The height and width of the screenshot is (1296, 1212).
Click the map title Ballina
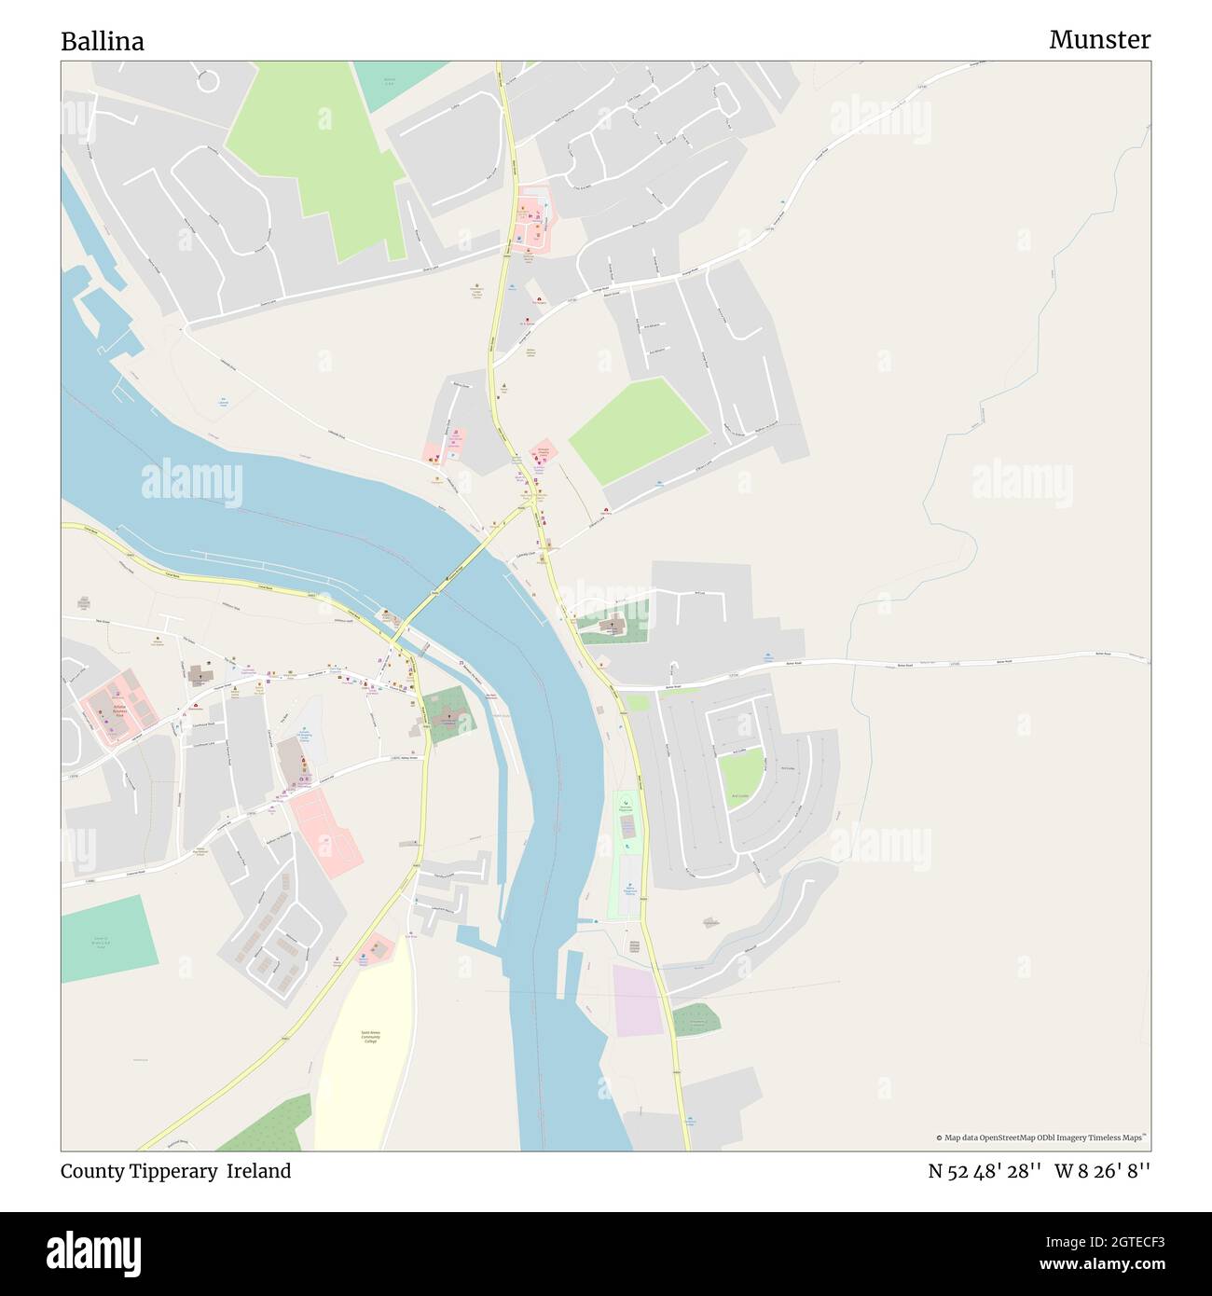(x=103, y=42)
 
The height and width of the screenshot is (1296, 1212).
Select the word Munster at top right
(x=1099, y=39)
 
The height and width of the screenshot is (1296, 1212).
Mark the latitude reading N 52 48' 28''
(x=985, y=1171)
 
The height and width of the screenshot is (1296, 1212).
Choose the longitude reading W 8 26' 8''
(x=1103, y=1171)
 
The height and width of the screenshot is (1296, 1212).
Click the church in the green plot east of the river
(x=612, y=627)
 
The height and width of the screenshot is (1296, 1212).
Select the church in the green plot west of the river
(x=447, y=712)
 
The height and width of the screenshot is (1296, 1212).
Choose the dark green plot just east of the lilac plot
(x=696, y=1020)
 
